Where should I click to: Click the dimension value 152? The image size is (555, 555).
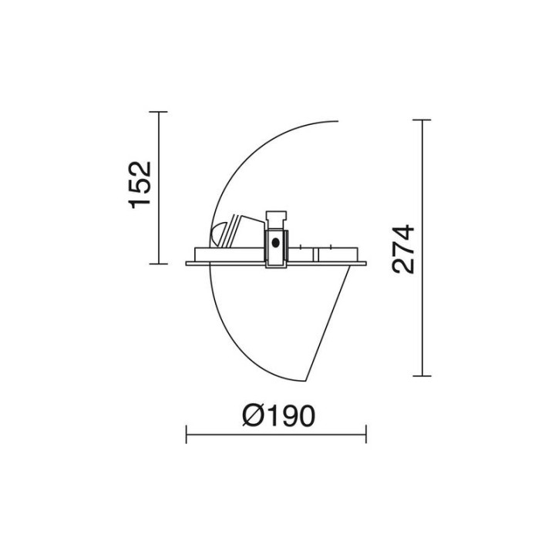[140, 185]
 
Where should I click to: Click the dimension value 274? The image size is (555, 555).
[403, 249]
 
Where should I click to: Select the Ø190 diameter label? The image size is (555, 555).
[278, 415]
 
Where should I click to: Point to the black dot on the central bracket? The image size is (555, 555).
[276, 243]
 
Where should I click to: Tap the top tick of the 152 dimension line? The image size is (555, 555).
[158, 112]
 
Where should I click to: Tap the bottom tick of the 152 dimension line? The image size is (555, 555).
[158, 264]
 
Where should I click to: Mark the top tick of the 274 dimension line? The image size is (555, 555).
[422, 120]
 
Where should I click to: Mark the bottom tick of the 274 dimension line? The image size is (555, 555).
[422, 376]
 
